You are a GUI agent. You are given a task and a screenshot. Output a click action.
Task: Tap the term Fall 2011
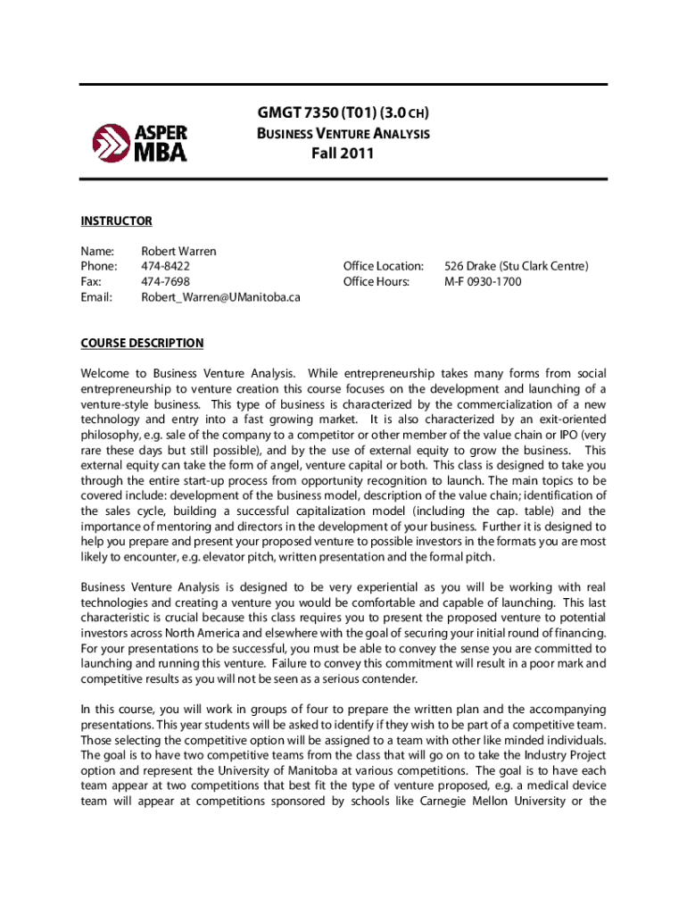343,154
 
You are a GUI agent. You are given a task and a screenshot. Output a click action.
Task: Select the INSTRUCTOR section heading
116,221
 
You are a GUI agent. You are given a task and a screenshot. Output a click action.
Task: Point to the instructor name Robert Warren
178,251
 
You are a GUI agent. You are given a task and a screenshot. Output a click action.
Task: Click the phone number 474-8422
165,266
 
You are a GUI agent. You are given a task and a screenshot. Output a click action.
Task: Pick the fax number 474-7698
165,282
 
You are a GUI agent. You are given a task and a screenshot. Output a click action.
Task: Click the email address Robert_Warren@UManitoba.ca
220,298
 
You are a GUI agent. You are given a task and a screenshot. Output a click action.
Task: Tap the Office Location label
384,266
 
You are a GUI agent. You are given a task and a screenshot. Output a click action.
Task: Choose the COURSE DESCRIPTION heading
142,343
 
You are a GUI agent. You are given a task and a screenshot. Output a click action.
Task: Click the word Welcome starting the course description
104,372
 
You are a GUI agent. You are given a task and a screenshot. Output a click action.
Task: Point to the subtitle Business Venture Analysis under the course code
343,134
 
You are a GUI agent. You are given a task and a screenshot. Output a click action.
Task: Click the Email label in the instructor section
96,298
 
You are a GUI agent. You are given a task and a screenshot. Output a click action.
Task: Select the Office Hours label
377,282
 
